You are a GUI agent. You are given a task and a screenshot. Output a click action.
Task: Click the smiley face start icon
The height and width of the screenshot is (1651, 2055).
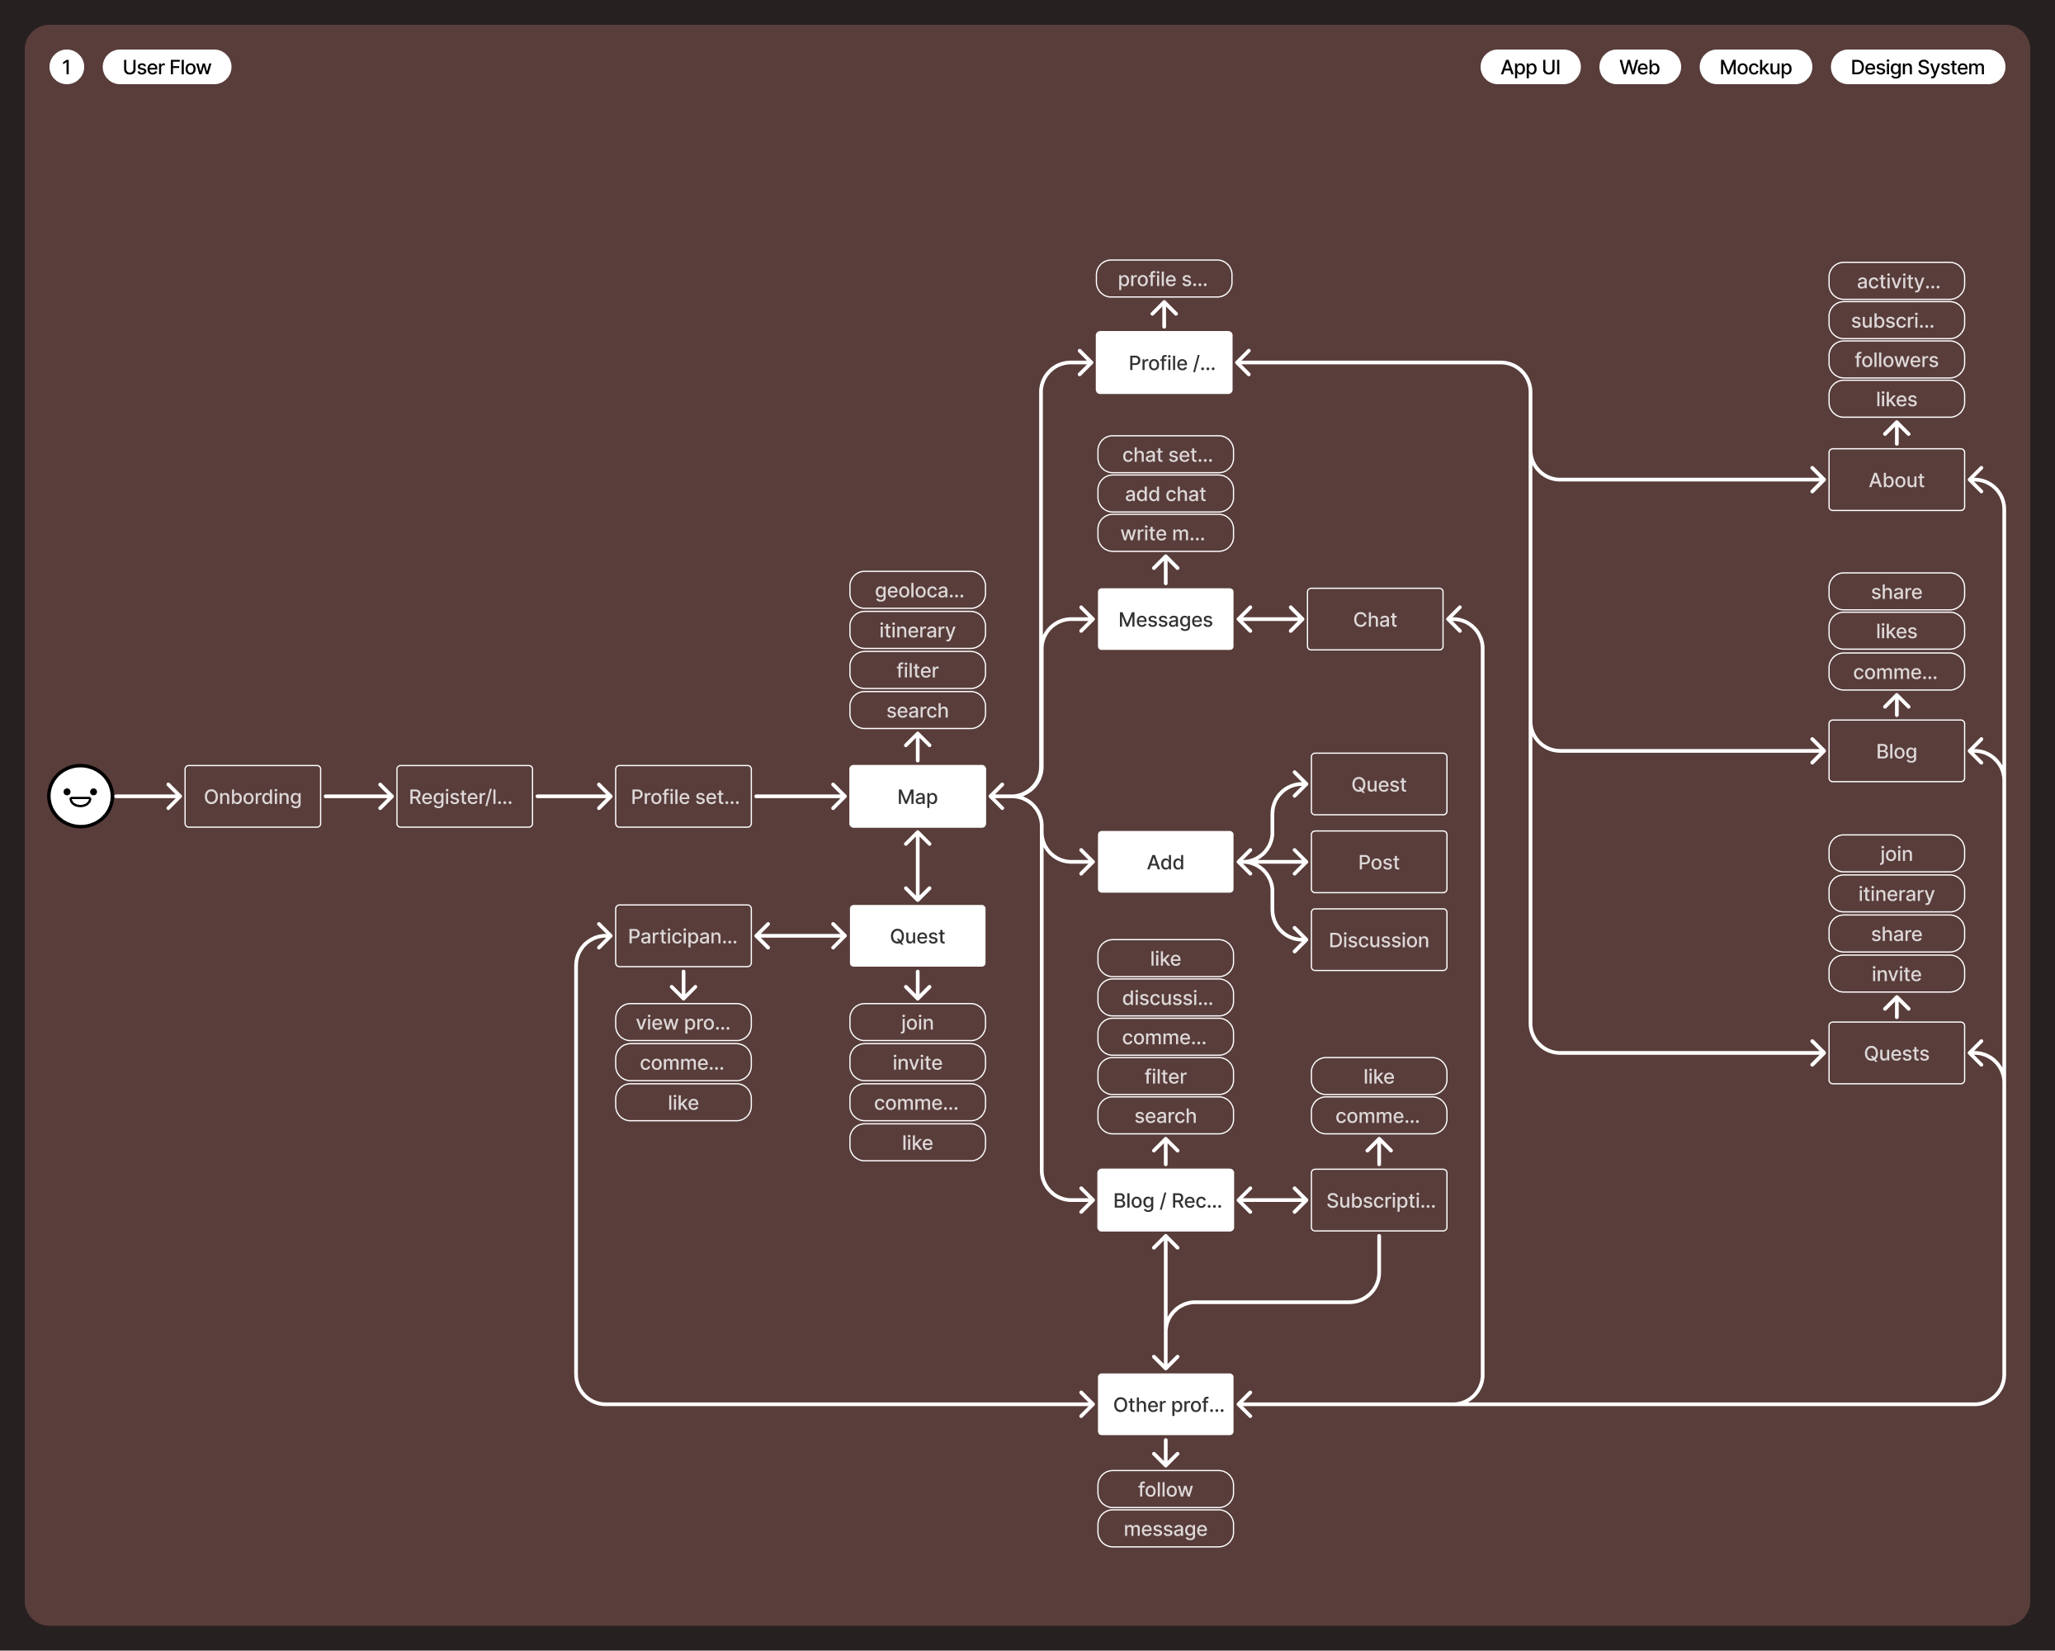click(x=80, y=796)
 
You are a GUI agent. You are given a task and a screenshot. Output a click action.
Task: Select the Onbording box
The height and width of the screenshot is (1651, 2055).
click(x=253, y=796)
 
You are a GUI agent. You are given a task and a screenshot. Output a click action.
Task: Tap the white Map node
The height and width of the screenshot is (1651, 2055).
click(x=917, y=796)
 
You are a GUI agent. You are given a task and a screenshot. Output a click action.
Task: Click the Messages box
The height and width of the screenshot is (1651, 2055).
click(x=1164, y=620)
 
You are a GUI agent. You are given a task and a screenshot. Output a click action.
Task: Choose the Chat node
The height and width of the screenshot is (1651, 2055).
click(x=1374, y=620)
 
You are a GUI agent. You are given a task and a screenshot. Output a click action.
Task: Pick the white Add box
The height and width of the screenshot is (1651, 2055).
click(x=1164, y=862)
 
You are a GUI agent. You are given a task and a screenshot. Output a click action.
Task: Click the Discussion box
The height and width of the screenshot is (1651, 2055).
click(x=1378, y=940)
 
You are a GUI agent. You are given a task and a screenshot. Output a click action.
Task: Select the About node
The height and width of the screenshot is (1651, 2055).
click(x=1896, y=480)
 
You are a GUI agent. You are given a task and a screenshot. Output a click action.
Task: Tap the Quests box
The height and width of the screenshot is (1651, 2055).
click(x=1896, y=1053)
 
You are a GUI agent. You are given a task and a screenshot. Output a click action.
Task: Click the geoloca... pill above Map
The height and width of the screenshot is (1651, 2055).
click(x=917, y=590)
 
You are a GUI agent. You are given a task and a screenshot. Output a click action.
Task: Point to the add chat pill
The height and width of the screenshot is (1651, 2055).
click(x=1164, y=494)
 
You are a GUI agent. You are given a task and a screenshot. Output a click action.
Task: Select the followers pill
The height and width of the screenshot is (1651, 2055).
click(x=1896, y=359)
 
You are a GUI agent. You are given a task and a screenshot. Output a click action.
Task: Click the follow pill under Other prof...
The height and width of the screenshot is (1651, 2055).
click(x=1164, y=1489)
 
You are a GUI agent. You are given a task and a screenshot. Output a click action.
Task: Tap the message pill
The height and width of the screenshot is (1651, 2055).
click(x=1164, y=1529)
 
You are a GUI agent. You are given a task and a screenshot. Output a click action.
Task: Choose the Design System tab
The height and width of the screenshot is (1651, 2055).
click(x=1917, y=67)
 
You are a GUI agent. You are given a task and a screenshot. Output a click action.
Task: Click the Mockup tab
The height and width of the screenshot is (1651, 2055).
click(x=1755, y=67)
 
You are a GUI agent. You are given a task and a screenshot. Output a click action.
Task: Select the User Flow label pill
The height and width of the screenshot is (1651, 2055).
click(x=167, y=67)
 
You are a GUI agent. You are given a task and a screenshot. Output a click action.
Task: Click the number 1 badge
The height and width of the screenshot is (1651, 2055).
click(x=67, y=67)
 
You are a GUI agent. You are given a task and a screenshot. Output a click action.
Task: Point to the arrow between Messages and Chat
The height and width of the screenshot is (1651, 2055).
click(x=1269, y=620)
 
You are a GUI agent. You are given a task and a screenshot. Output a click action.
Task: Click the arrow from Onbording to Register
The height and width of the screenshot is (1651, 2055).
click(x=358, y=796)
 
